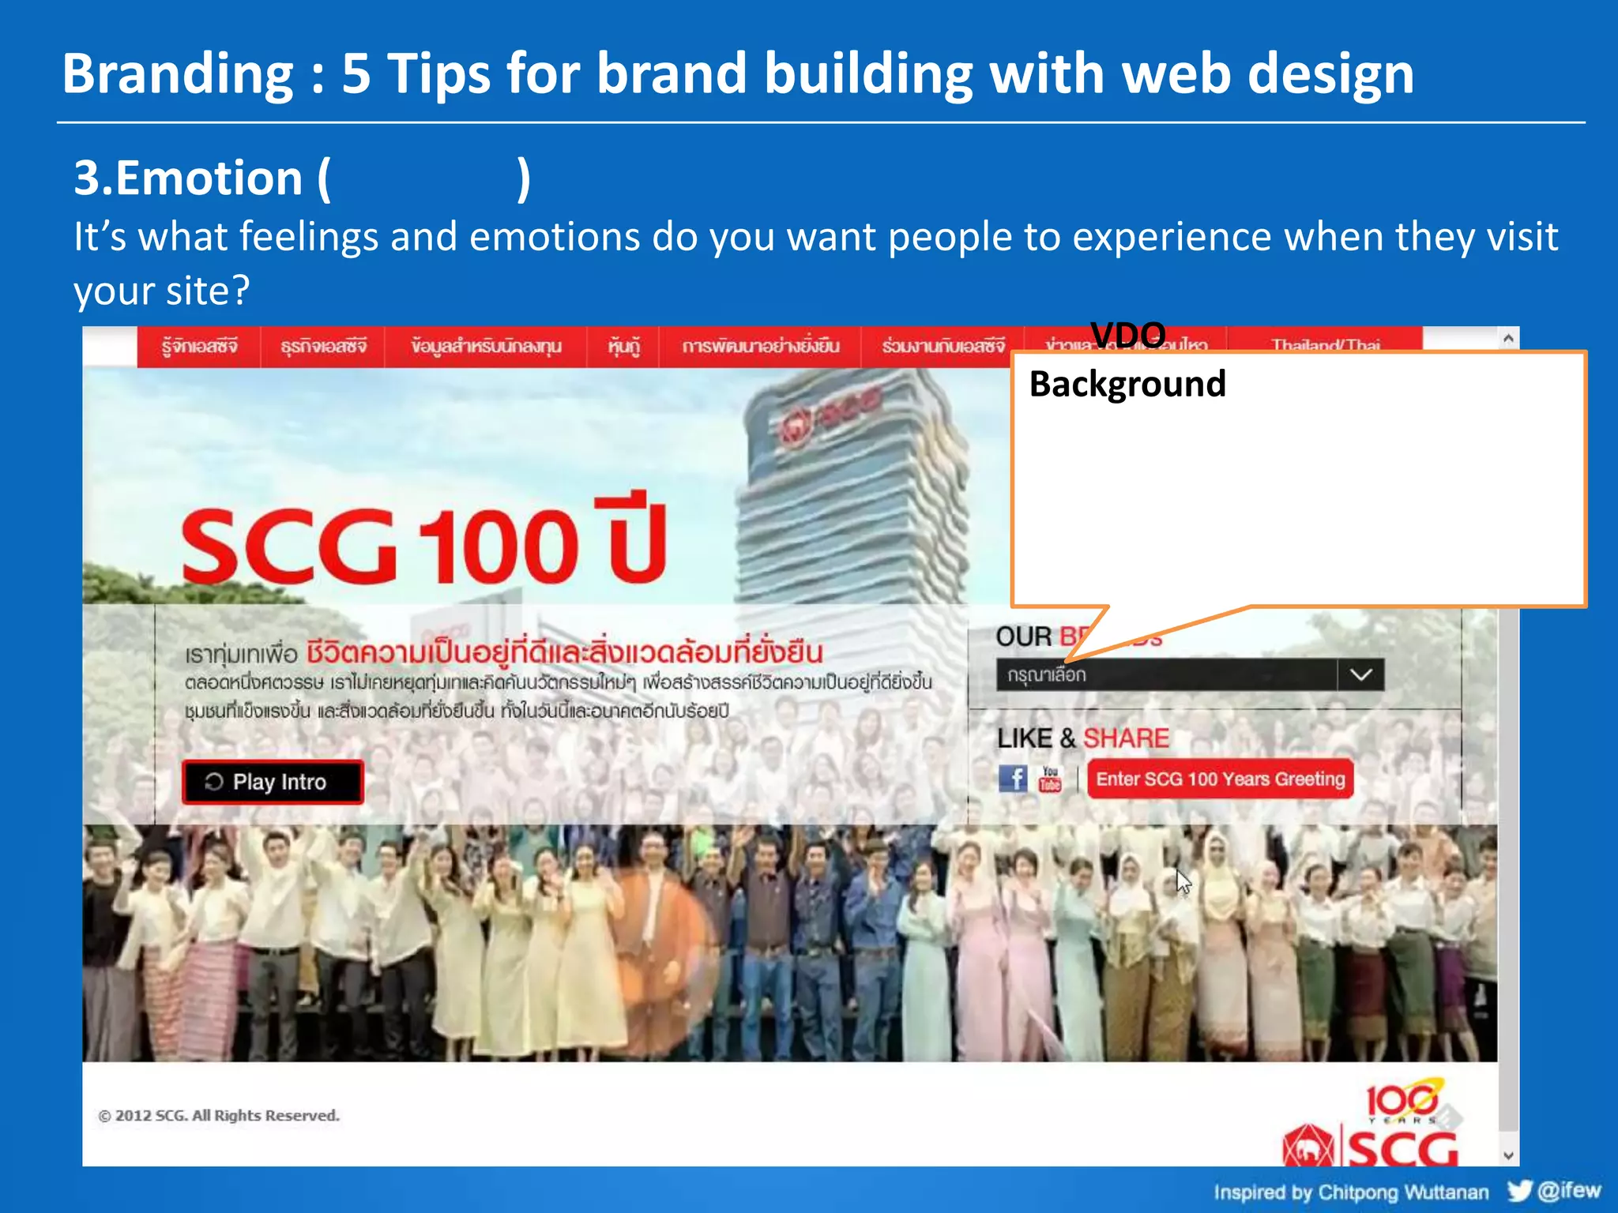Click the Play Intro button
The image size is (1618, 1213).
tap(273, 782)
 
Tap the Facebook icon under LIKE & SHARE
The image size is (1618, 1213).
tap(1012, 779)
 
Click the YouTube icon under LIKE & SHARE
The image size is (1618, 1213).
tap(1050, 779)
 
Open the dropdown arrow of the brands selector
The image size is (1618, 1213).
tap(1360, 675)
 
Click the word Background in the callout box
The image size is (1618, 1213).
tap(1127, 385)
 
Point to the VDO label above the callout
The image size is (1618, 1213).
tap(1127, 336)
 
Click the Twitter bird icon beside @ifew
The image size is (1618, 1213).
tap(1518, 1190)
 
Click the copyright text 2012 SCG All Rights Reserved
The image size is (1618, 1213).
tap(220, 1115)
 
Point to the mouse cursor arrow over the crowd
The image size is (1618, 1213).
tap(1183, 881)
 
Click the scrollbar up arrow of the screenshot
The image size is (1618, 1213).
tap(1508, 339)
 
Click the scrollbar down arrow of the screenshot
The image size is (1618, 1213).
tap(1508, 1155)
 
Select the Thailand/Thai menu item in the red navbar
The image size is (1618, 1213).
tap(1326, 344)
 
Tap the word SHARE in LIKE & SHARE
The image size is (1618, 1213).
tap(1126, 738)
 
